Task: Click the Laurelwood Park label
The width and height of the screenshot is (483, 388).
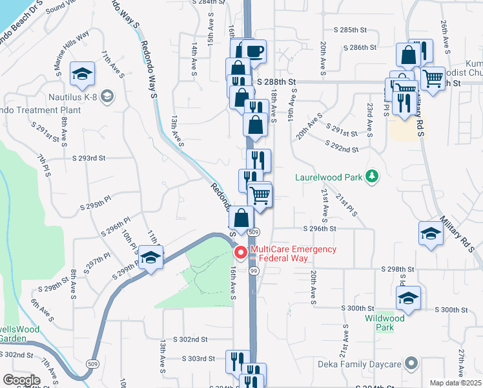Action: pos(326,176)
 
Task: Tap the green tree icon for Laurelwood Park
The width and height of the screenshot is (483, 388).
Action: pos(371,176)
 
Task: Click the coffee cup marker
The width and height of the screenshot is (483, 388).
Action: pos(254,52)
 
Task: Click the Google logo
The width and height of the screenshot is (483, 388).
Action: pos(21,380)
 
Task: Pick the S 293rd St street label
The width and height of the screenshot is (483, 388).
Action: pos(88,158)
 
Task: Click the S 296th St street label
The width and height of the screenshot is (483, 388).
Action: pos(320,228)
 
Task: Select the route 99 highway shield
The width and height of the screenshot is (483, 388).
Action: pos(254,271)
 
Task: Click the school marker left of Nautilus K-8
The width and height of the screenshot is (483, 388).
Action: pos(82,74)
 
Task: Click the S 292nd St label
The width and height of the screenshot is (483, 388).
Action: pos(342,149)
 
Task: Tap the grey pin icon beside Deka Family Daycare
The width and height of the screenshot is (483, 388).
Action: pos(409,363)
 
